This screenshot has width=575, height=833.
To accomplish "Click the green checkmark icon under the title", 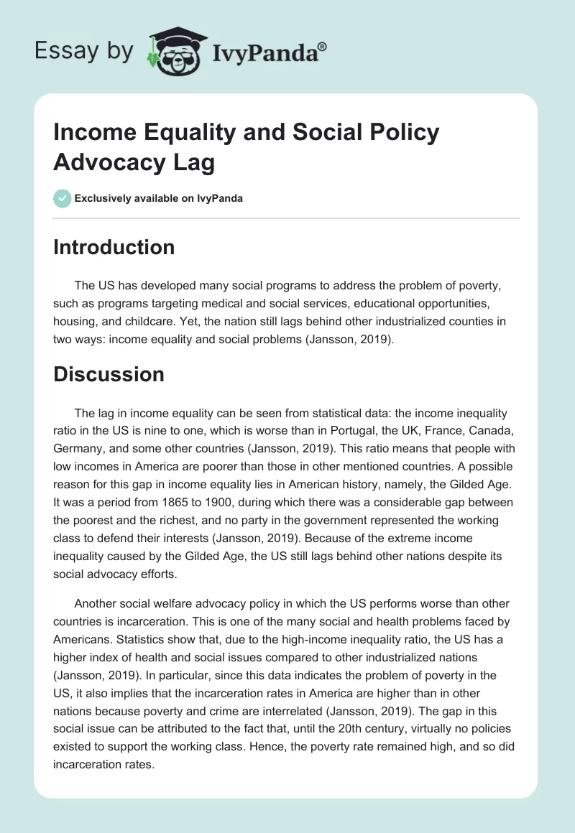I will (63, 198).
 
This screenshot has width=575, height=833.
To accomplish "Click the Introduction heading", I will (114, 247).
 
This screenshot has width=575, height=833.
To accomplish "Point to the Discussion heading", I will (109, 374).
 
